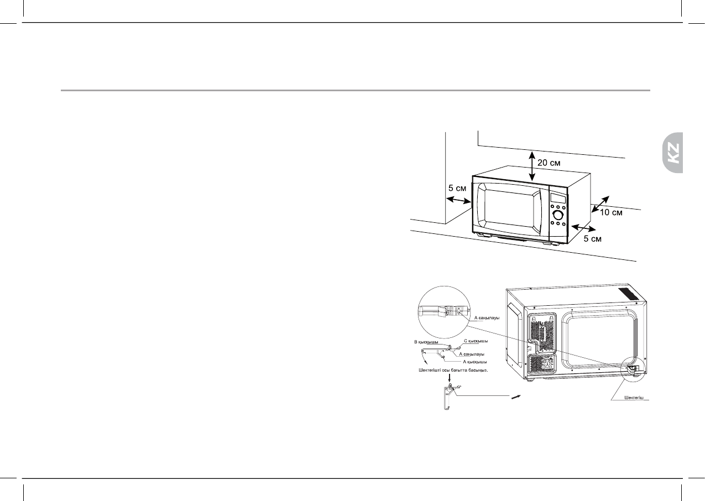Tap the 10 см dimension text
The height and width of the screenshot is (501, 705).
(612, 213)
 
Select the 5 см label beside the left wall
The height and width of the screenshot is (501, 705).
(457, 188)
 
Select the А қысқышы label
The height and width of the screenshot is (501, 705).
(472, 361)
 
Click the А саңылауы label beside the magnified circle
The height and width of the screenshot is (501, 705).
(487, 318)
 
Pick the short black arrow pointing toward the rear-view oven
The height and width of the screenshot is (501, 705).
(516, 395)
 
